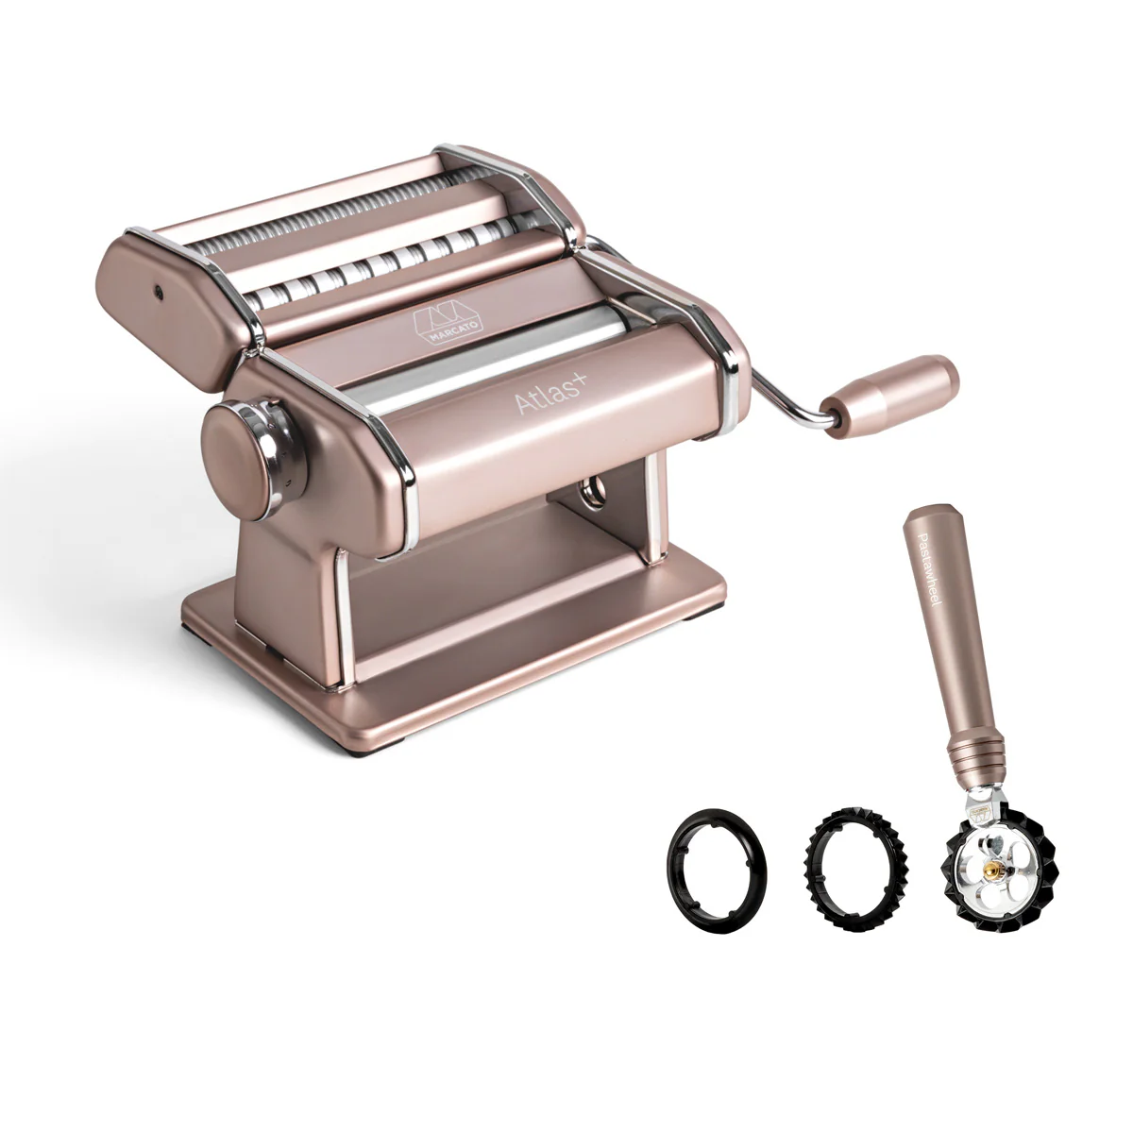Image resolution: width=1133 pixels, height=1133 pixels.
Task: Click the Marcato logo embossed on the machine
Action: point(448,321)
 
